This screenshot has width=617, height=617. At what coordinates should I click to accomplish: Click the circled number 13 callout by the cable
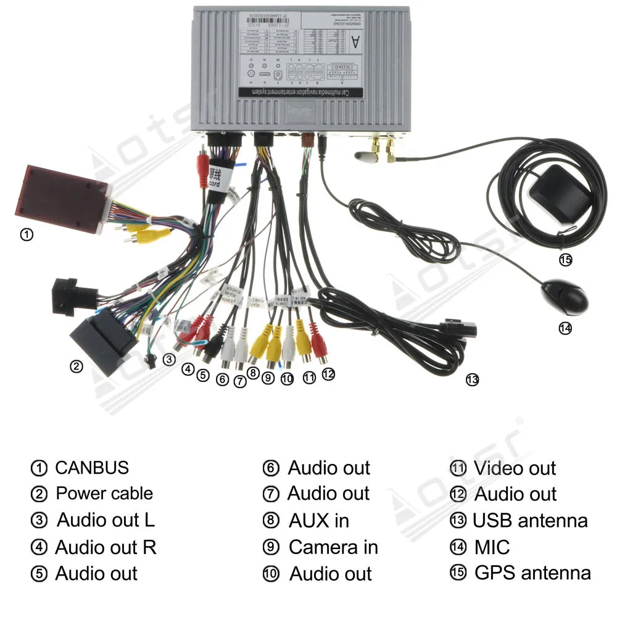(x=472, y=380)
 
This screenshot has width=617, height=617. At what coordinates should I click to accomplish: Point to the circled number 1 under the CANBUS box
(x=27, y=235)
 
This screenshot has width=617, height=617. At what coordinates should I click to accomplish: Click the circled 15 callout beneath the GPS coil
(x=565, y=260)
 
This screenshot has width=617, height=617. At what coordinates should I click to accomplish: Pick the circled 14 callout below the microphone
(x=565, y=328)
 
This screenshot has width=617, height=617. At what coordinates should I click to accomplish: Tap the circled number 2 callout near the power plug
(x=76, y=366)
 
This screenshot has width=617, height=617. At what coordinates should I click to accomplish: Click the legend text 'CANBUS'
(x=92, y=468)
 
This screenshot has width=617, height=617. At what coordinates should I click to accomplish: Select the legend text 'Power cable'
(x=104, y=494)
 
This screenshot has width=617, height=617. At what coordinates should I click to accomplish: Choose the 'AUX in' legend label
(x=318, y=521)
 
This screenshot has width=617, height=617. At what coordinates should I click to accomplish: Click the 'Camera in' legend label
(x=333, y=547)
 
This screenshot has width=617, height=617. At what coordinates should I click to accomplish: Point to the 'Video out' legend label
(x=515, y=468)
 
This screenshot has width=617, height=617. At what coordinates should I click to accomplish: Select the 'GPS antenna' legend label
(x=532, y=573)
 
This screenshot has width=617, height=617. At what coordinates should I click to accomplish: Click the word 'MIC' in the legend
(x=492, y=547)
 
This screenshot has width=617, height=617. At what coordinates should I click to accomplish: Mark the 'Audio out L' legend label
(x=106, y=520)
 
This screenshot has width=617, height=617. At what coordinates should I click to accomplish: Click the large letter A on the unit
(x=356, y=43)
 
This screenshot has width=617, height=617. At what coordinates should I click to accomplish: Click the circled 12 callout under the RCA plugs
(x=328, y=374)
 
